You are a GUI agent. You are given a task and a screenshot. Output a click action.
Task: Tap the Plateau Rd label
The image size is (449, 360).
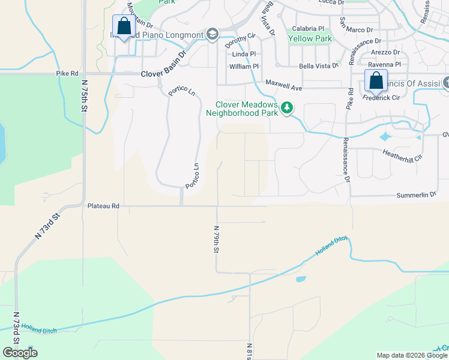pos(103,206)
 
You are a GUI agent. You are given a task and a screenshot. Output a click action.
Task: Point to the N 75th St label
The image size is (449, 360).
pos(84,97)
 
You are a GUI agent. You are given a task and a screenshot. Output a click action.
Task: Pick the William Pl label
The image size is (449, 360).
pos(244,67)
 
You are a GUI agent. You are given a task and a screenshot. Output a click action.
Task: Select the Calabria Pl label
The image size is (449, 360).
pos(308,28)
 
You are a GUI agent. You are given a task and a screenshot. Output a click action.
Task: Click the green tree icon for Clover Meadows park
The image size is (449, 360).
pos(288,107)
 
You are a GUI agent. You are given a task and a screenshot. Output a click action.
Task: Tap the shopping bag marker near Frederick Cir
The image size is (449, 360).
pos(376,80)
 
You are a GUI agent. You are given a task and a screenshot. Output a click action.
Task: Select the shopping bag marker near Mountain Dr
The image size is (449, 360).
pos(124,26)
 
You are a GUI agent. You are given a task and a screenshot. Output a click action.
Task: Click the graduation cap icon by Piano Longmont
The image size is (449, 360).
pos(212,35)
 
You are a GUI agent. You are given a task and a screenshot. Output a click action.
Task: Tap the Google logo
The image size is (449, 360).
pos(20,353)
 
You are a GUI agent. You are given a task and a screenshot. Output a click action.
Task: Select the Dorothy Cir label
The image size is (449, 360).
pos(240,40)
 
